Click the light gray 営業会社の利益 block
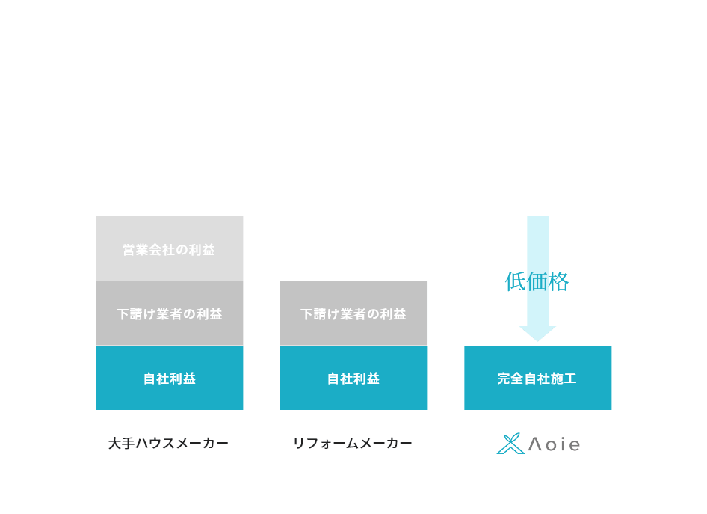tap(170, 248)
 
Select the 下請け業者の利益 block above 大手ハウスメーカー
tap(170, 313)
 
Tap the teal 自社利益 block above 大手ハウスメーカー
tap(170, 378)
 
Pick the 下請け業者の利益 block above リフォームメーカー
tap(353, 313)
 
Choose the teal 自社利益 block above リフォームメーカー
tap(353, 378)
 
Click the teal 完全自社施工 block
tap(538, 378)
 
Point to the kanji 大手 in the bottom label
tap(122, 443)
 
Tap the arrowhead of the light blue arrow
tap(537, 334)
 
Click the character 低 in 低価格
tap(516, 281)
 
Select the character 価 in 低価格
tap(537, 281)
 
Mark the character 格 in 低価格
tap(558, 281)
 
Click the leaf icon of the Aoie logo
tap(510, 444)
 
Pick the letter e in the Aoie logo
tap(574, 445)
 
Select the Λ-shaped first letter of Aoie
tap(535, 444)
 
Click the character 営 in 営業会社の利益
tap(129, 250)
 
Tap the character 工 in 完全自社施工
tap(570, 378)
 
